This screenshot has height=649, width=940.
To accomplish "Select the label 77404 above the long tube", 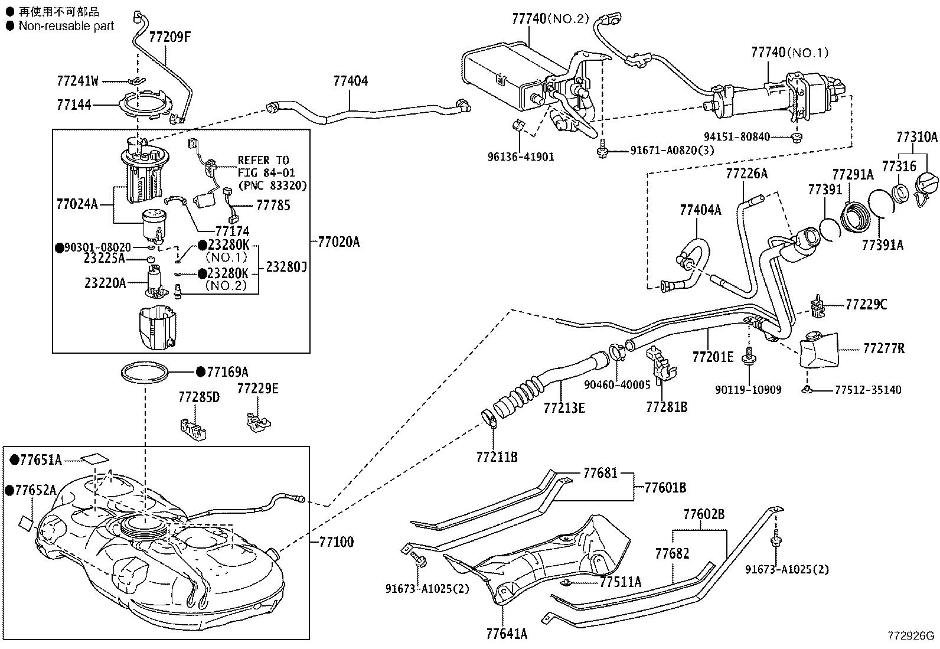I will point(350,81).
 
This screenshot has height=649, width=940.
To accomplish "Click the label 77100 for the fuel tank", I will point(336,542).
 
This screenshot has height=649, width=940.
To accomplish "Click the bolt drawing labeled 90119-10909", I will point(750,358).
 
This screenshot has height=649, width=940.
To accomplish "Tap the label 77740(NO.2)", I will point(550,18).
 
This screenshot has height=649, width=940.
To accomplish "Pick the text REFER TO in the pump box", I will point(263,160).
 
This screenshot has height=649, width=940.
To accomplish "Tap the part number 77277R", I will point(883,348).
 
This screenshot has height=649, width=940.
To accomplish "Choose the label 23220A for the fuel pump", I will point(105,283).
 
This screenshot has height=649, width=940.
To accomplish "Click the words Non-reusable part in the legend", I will point(66,26).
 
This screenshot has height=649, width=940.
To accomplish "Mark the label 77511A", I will point(620,582).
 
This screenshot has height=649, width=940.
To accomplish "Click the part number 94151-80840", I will point(736,137).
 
